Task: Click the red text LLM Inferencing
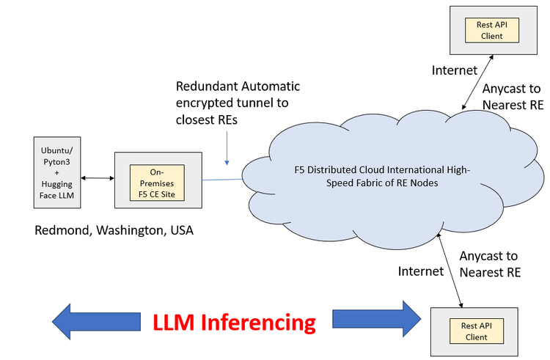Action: point(234,323)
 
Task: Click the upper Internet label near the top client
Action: point(454,70)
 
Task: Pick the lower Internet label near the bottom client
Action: point(420,271)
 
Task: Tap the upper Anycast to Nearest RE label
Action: point(513,96)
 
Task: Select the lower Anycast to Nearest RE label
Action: point(489,264)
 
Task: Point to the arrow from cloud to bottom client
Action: point(450,268)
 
